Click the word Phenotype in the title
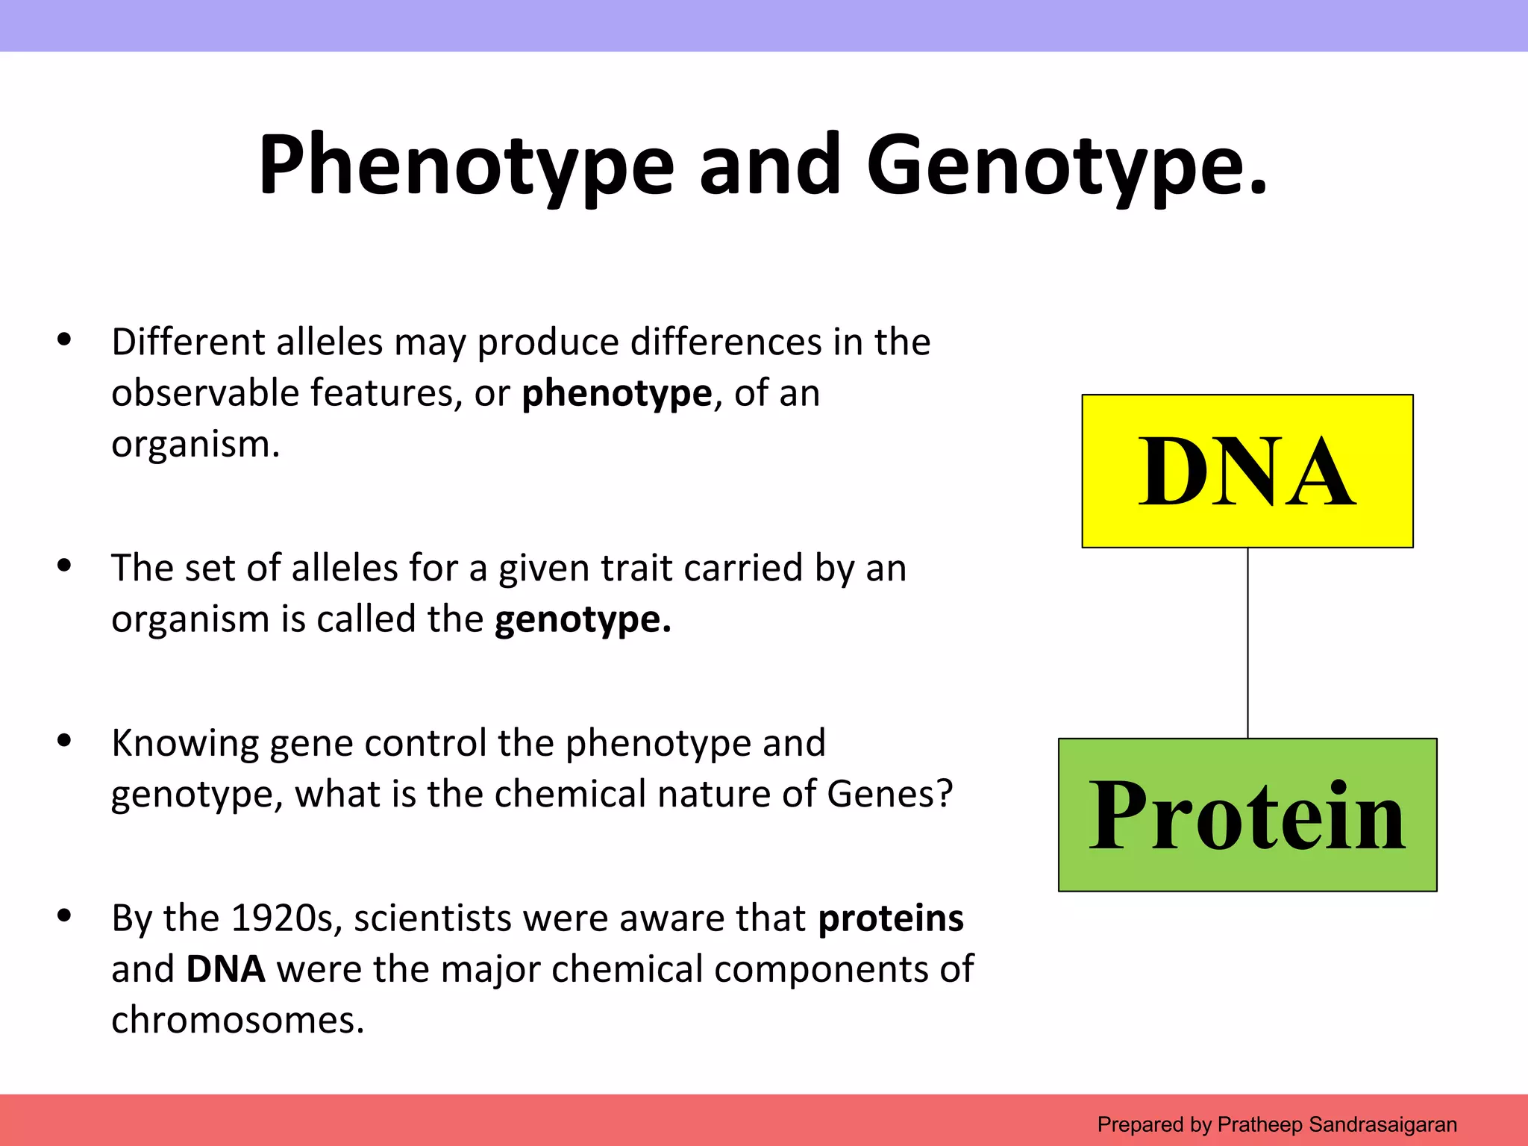[x=466, y=166]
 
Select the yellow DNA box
[x=1247, y=472]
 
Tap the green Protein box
[x=1247, y=815]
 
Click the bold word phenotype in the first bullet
[x=617, y=394]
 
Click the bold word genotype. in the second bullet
[x=583, y=619]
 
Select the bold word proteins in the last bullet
[x=891, y=918]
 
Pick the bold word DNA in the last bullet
[x=225, y=969]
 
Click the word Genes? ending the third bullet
[x=890, y=794]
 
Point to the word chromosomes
[x=237, y=1020]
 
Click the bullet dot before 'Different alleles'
[x=64, y=340]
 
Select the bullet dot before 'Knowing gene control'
[x=64, y=741]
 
